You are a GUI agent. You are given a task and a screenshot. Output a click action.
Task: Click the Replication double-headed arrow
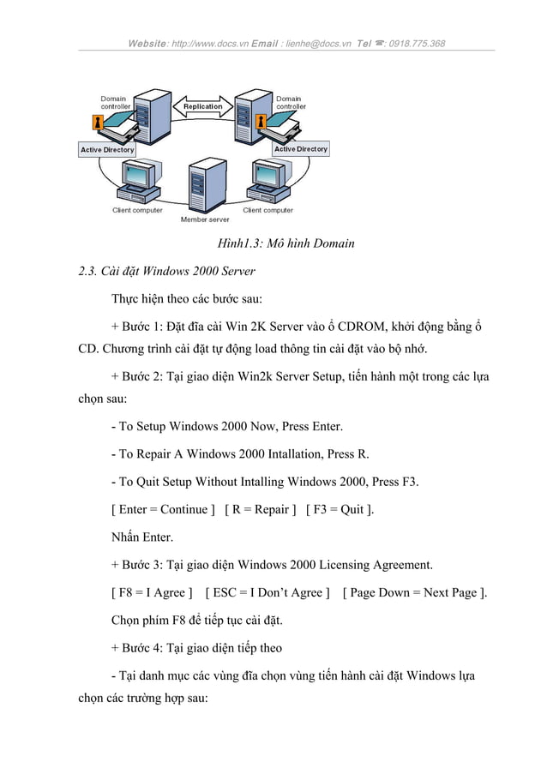(x=202, y=107)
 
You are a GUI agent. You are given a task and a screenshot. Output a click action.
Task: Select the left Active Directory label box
(x=107, y=150)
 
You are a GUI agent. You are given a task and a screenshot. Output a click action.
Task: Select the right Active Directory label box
(x=301, y=149)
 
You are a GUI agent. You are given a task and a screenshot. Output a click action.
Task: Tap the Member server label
(x=205, y=219)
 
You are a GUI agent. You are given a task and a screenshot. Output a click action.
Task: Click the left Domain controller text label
(x=116, y=102)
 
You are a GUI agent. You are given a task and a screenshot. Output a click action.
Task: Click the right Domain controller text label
(x=291, y=102)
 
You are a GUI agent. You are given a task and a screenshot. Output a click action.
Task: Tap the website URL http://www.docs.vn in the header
(x=208, y=44)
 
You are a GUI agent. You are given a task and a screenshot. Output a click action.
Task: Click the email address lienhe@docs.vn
(x=317, y=44)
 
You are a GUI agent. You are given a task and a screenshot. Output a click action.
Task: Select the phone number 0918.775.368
(x=417, y=44)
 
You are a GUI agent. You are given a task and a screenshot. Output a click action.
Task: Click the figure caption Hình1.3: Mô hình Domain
(x=287, y=243)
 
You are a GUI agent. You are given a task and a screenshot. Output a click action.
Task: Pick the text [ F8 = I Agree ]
(x=152, y=592)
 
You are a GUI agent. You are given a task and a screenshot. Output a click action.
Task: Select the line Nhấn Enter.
(x=142, y=537)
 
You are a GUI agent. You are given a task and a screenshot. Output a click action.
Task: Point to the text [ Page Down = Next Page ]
(x=414, y=592)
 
